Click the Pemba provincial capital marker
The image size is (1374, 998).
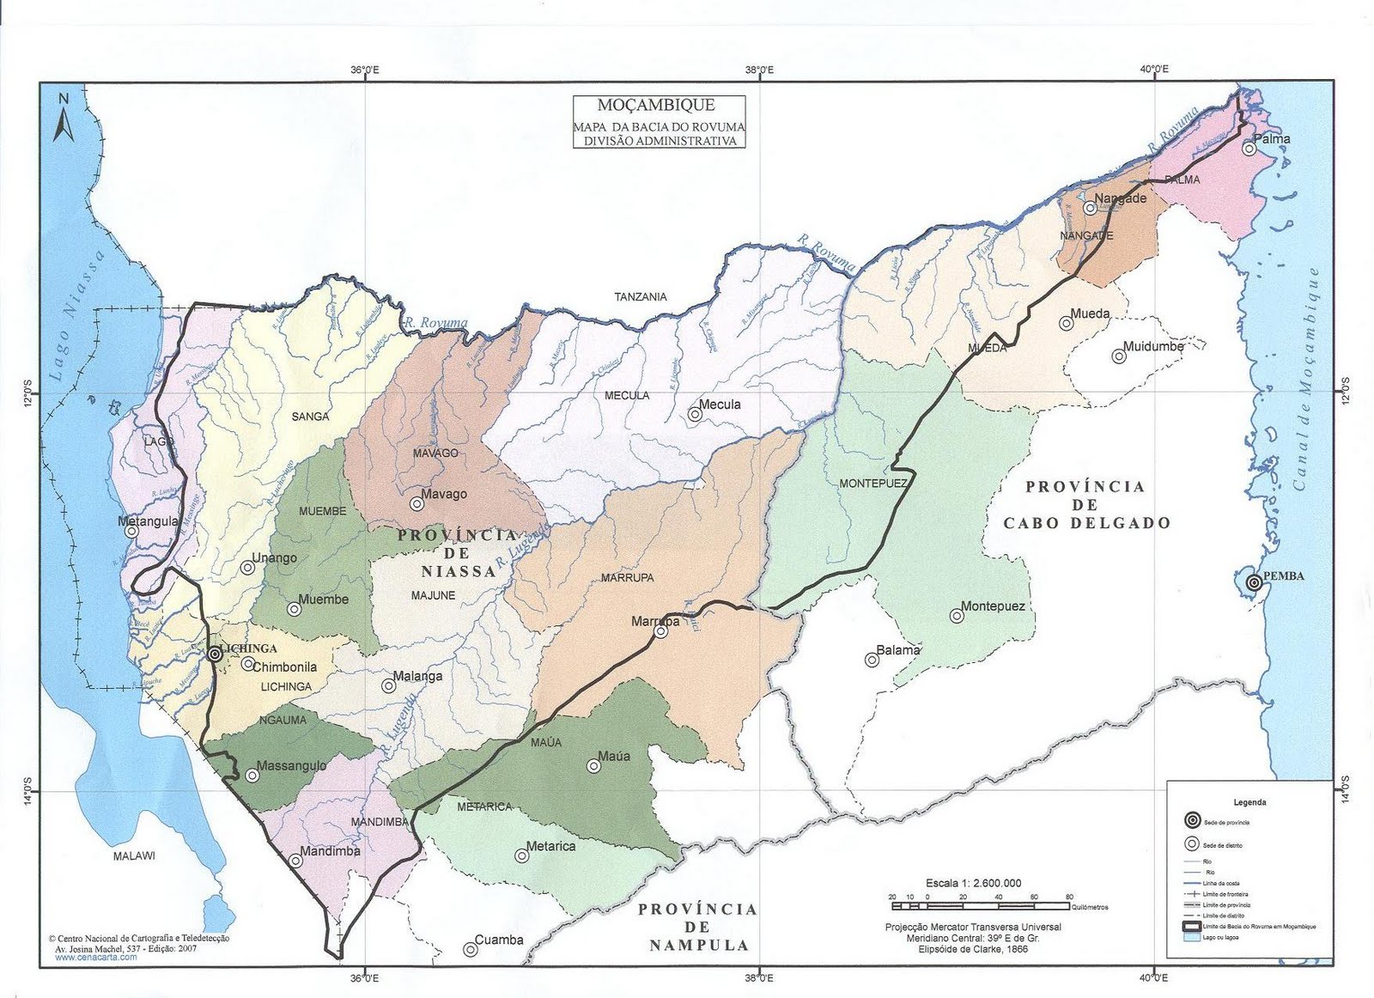coord(1254,582)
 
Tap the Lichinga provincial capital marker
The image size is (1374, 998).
coord(215,654)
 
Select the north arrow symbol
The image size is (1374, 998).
coord(63,119)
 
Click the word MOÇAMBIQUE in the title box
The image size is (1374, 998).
coord(658,106)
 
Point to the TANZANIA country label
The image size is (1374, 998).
coord(640,297)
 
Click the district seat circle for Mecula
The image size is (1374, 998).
coord(695,414)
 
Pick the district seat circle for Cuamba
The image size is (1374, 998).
coord(470,949)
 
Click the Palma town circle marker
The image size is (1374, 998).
coord(1249,149)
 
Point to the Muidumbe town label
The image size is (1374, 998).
coord(1153,346)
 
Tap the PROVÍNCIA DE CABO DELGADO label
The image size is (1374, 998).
coord(1085,504)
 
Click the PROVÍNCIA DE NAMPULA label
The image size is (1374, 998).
coord(698,928)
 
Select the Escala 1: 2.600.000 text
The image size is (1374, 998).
coord(973,883)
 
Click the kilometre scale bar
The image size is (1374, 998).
coord(979,906)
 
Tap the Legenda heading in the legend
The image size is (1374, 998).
coord(1249,802)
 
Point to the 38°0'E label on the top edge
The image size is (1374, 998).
coord(759,70)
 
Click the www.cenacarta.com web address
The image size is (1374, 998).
coord(96,957)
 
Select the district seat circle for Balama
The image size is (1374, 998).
coord(872,660)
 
